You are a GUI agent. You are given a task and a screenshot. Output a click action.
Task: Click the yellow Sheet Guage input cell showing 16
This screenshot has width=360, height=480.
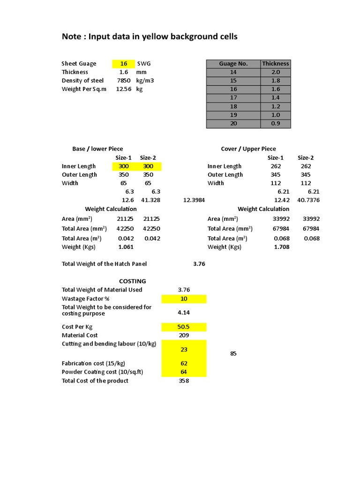[124, 64]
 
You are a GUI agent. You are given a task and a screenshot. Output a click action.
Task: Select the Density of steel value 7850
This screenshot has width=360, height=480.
[124, 81]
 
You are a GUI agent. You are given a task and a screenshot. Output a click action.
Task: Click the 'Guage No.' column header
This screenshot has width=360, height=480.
[233, 64]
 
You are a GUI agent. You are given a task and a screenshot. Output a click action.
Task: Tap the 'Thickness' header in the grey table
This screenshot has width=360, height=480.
[276, 64]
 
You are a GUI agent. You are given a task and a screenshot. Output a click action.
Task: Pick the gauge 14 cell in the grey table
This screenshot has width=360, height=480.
[233, 72]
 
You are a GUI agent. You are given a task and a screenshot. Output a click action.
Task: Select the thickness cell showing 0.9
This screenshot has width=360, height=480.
[276, 124]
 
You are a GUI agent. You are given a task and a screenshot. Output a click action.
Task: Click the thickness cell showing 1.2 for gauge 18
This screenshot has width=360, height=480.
[276, 106]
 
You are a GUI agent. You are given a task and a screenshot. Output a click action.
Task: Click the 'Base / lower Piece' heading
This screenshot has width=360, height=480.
[97, 149]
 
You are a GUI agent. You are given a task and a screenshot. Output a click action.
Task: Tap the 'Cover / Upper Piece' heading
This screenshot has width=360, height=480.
[248, 149]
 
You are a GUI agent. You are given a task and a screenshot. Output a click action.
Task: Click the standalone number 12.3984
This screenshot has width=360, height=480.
[194, 200]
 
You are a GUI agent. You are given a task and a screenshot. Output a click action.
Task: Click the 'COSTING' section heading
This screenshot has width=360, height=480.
[133, 281]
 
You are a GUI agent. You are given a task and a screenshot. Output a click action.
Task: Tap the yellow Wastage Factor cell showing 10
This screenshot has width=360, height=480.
[184, 299]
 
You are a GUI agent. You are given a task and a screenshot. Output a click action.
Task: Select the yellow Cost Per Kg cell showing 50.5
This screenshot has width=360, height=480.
[184, 327]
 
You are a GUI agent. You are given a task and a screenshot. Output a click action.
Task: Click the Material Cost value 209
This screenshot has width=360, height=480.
[184, 335]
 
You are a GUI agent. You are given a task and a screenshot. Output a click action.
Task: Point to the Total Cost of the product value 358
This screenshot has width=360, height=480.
[184, 381]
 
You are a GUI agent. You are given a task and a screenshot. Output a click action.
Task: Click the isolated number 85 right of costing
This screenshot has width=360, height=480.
[233, 354]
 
